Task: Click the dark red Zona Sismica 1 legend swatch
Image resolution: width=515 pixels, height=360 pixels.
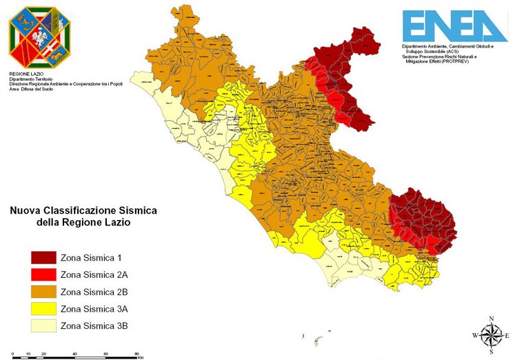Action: [42, 258]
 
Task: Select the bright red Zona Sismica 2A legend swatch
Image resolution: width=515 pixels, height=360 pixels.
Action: [42, 274]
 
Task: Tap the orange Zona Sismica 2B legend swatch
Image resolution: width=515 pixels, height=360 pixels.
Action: [42, 292]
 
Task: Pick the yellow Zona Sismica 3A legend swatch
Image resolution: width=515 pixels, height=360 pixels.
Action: [42, 308]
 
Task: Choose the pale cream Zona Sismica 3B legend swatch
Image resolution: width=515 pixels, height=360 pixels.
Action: [42, 326]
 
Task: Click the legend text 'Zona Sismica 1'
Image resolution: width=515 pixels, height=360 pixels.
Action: [91, 258]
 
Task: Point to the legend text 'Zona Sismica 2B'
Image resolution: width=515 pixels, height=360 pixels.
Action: [94, 292]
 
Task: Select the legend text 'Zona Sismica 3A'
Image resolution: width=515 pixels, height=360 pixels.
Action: [94, 308]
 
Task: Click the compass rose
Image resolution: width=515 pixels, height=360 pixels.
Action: [490, 335]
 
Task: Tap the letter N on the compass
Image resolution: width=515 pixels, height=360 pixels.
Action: [491, 318]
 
